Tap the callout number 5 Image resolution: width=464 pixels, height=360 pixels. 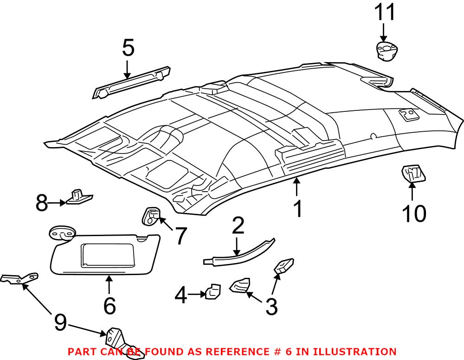point(128,48)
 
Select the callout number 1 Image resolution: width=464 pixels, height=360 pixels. point(297,209)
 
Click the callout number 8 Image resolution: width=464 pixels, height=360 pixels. point(42,203)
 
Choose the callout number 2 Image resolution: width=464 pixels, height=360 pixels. point(238,226)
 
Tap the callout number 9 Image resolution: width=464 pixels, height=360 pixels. point(60,322)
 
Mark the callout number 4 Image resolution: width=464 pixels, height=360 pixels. point(181,296)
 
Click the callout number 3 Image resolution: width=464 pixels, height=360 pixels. point(271,306)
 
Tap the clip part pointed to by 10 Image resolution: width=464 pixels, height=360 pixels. point(412,174)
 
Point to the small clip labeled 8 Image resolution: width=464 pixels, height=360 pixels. point(78,197)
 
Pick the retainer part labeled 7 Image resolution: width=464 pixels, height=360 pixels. point(150,216)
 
